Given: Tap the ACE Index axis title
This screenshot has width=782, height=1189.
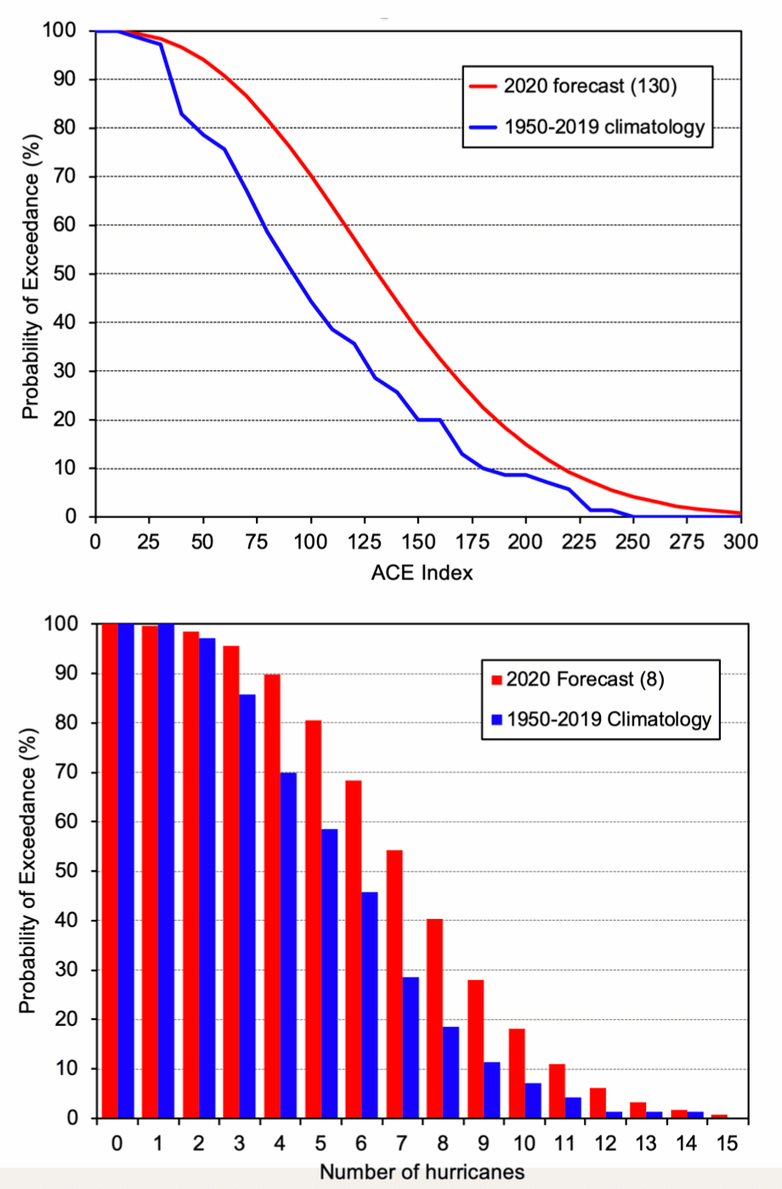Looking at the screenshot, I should click(422, 572).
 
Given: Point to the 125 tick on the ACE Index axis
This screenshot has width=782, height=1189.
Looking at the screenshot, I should click(364, 543).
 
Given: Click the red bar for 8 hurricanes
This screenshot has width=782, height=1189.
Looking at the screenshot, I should click(434, 1018).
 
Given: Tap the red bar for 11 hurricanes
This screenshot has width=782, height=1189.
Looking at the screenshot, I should click(557, 1090).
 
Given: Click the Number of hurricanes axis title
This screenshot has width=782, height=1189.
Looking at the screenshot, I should click(422, 1172).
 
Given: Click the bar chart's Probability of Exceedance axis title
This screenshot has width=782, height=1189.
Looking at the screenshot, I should click(29, 871).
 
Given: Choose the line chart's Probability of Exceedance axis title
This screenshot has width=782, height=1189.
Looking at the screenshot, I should click(31, 276).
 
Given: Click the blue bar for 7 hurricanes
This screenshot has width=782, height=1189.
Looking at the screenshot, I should click(411, 1047).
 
